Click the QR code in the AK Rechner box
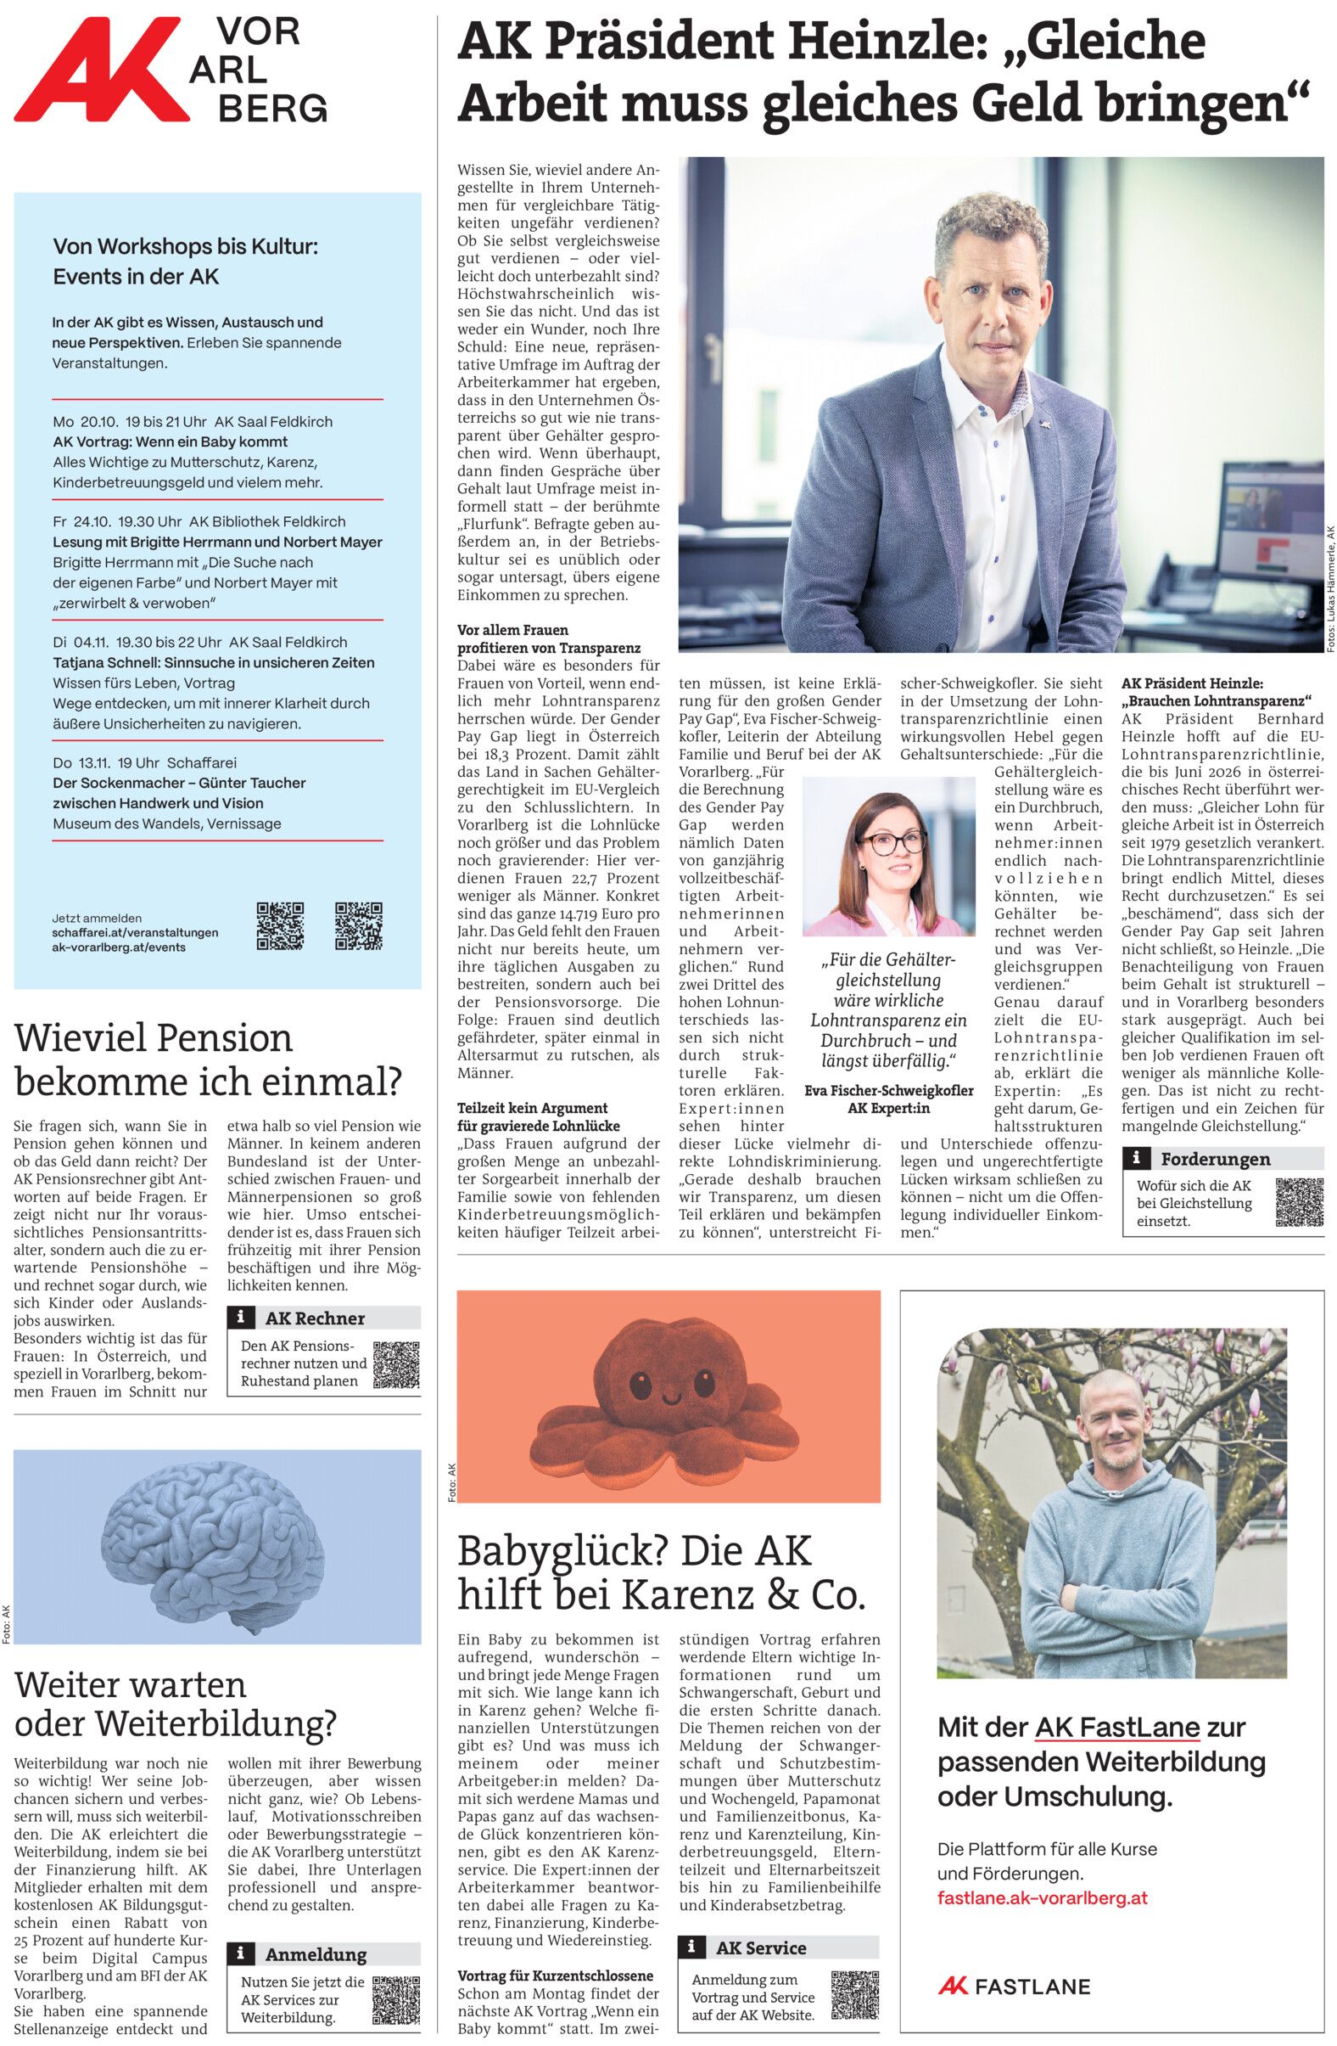pyautogui.click(x=395, y=1364)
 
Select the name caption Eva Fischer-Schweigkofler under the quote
pyautogui.click(x=888, y=1090)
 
